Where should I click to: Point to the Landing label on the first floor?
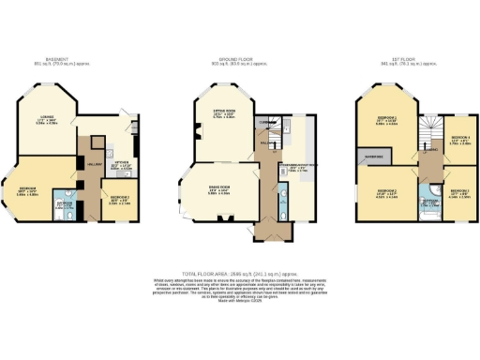pyautogui.click(x=428, y=150)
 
